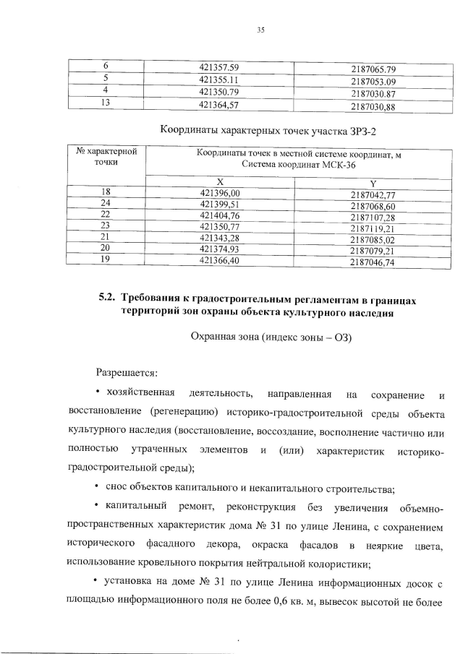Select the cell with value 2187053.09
tap(373, 82)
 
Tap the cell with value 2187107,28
tap(373, 217)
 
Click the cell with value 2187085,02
tap(373, 238)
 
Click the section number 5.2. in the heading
tap(108, 298)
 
